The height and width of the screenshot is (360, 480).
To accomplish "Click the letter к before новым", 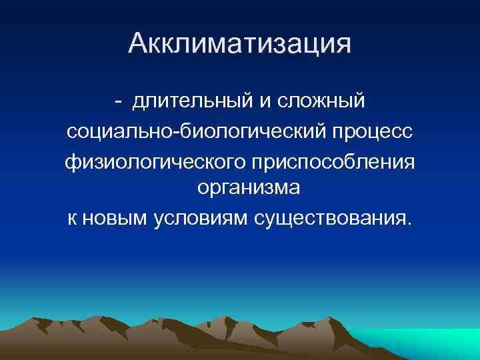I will tap(72, 218).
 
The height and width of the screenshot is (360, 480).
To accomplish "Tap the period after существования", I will tap(409, 223).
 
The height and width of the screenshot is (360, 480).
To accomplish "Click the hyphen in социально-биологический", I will tap(175, 132).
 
